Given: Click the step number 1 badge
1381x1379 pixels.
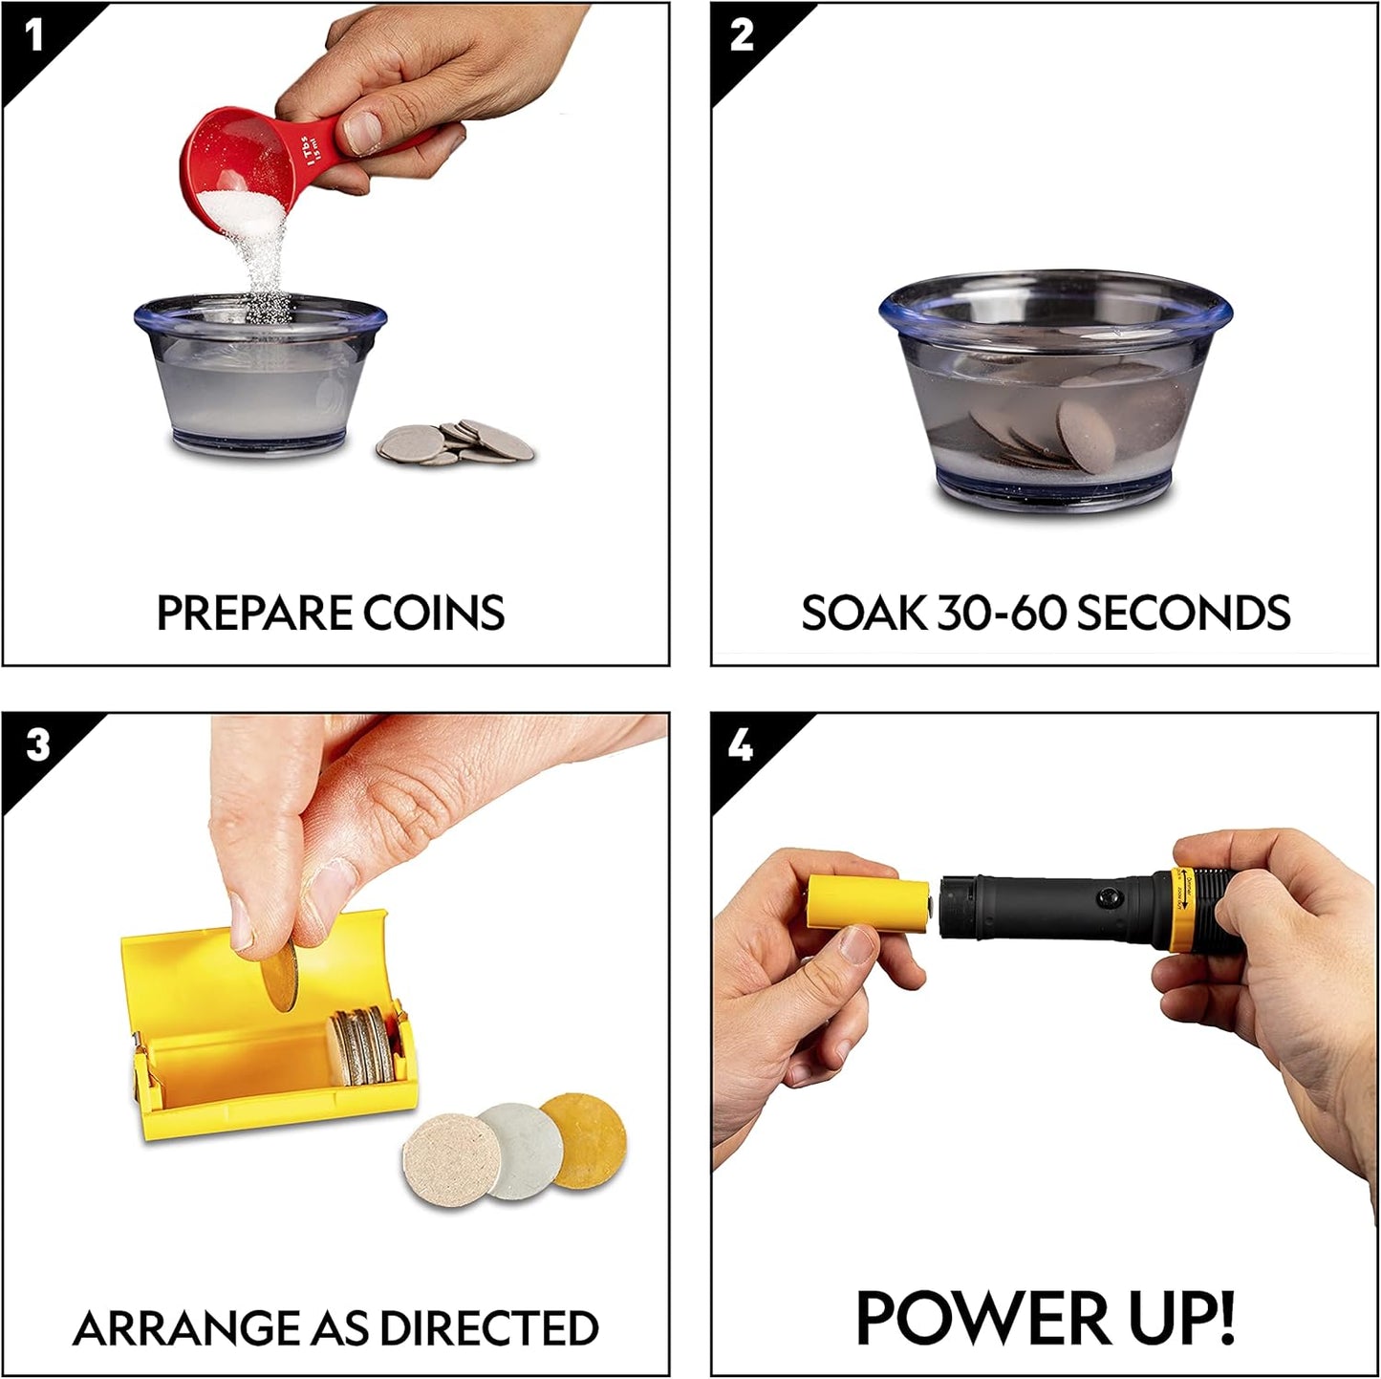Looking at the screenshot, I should point(34,36).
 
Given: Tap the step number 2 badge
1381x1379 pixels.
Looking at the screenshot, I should point(742,36).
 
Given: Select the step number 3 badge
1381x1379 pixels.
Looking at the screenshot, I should point(36,745).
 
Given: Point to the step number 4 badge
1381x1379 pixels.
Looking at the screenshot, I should point(742,745).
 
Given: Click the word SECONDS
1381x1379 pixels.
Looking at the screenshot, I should point(1183,614).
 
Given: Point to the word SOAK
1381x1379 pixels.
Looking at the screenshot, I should point(864,614).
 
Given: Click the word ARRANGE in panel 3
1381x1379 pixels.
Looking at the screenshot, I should point(185,1328).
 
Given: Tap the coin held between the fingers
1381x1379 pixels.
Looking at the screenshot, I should point(279,979).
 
